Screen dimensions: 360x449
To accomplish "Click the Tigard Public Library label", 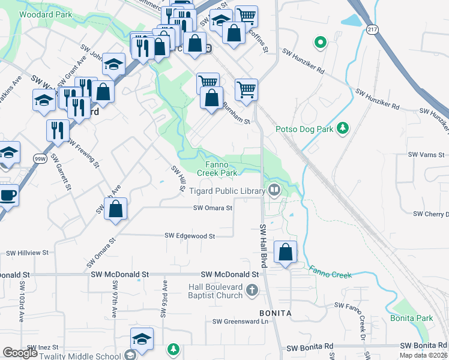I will point(227,191).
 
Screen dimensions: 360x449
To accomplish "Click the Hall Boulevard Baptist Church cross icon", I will point(253,291).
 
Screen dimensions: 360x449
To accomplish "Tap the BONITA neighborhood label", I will point(275,313).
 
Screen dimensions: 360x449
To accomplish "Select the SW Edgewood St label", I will point(190,236).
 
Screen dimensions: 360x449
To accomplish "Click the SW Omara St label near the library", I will point(212,208).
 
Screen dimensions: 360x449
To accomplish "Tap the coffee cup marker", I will point(7,196).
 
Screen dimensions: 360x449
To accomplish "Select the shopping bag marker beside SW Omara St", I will point(116,209).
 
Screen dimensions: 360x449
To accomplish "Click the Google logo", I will point(20,353).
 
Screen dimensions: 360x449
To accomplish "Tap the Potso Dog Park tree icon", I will point(343,128).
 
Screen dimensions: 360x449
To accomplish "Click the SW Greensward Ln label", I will point(240,322).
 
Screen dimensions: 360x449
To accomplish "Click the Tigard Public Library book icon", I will point(274,191).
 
